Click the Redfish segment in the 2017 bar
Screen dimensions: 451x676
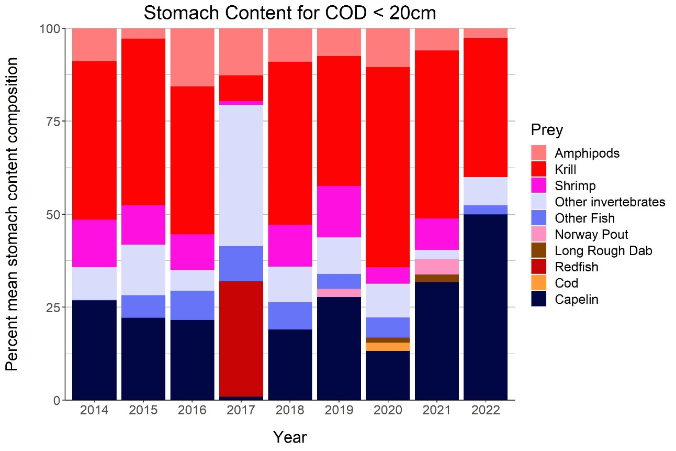point(241,339)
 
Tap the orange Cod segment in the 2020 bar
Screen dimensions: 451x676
point(388,347)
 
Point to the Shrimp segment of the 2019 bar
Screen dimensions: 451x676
point(339,212)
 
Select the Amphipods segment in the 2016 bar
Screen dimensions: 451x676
point(192,57)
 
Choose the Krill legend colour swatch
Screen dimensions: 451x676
point(538,169)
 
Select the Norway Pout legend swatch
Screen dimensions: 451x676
point(538,234)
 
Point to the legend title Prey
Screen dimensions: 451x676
point(546,129)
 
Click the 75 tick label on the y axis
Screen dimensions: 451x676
point(50,121)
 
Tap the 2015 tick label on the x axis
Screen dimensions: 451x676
point(143,410)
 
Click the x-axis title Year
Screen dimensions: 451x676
point(289,437)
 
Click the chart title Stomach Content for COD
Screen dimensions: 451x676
point(289,13)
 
